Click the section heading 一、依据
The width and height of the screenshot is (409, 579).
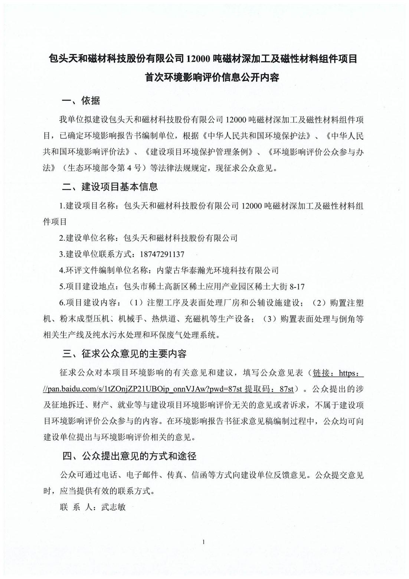point(81,101)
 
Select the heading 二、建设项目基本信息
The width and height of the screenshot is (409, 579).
point(110,187)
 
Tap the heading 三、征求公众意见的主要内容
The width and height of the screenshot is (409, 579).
point(124,354)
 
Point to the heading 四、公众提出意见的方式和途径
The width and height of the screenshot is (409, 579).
point(129,456)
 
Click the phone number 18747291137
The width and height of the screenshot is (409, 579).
point(162,254)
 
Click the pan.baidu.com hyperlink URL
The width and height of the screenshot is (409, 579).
point(143,389)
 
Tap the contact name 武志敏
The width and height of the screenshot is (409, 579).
point(114,507)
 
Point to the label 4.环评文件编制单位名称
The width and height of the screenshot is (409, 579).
point(104,270)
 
